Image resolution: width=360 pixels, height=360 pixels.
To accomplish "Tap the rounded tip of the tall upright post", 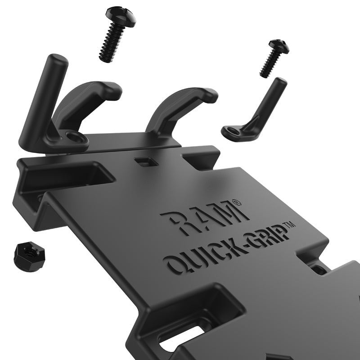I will (58, 60).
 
